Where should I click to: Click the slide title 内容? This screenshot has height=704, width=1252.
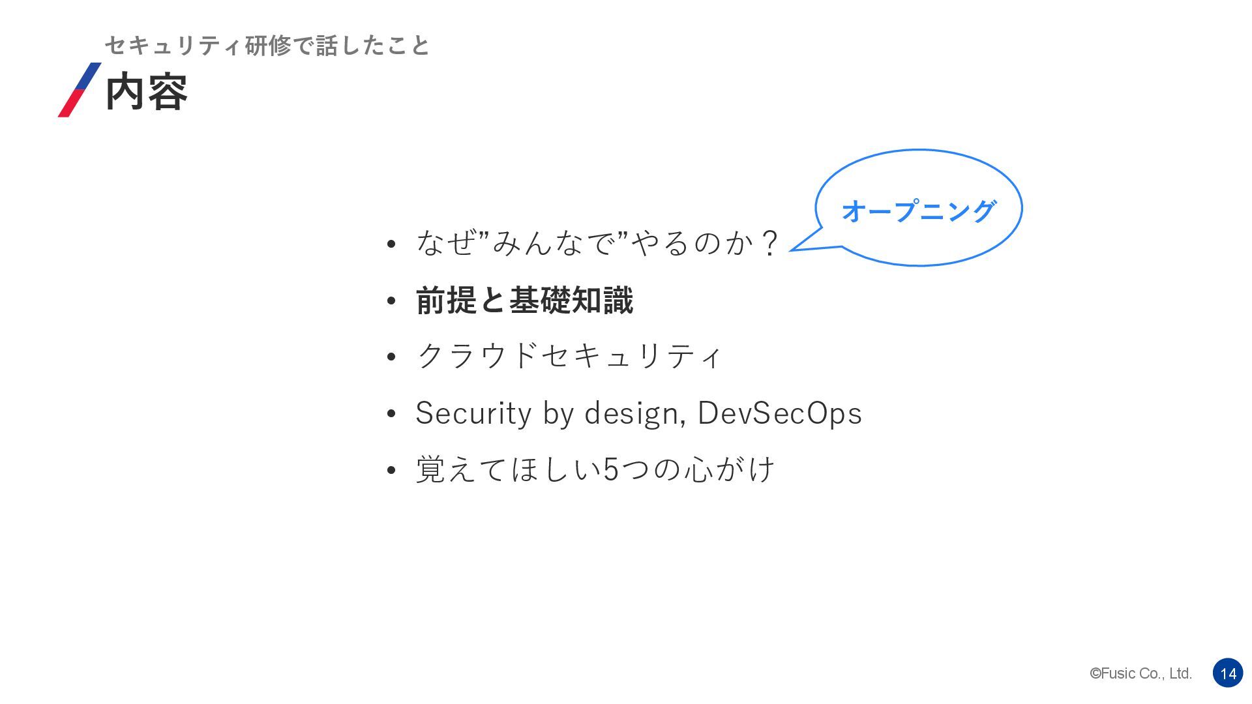click(x=146, y=92)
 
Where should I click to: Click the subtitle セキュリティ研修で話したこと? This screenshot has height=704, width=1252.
click(x=267, y=46)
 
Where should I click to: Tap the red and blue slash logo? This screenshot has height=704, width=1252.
click(x=80, y=90)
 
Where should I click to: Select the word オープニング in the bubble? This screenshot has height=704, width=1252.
click(x=918, y=211)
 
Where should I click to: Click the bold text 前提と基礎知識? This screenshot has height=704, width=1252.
click(x=524, y=301)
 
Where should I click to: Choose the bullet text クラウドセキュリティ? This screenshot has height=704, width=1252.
click(x=569, y=356)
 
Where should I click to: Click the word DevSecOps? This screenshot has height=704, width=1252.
click(x=779, y=413)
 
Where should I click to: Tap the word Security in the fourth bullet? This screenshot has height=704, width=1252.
click(x=473, y=413)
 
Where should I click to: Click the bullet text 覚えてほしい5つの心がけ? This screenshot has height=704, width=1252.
click(x=595, y=469)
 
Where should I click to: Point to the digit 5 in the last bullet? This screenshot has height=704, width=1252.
click(x=610, y=469)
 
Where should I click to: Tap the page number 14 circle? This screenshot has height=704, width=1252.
click(x=1228, y=673)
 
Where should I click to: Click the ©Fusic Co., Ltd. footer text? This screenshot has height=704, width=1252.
click(x=1140, y=673)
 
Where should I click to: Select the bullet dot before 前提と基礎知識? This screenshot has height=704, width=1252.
click(x=391, y=301)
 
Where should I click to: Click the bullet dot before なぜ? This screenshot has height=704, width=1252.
click(x=391, y=244)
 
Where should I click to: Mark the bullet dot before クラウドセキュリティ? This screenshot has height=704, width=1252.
click(x=391, y=357)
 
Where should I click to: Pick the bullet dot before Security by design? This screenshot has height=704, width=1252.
click(x=391, y=414)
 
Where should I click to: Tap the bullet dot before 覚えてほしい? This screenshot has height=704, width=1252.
click(x=391, y=470)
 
